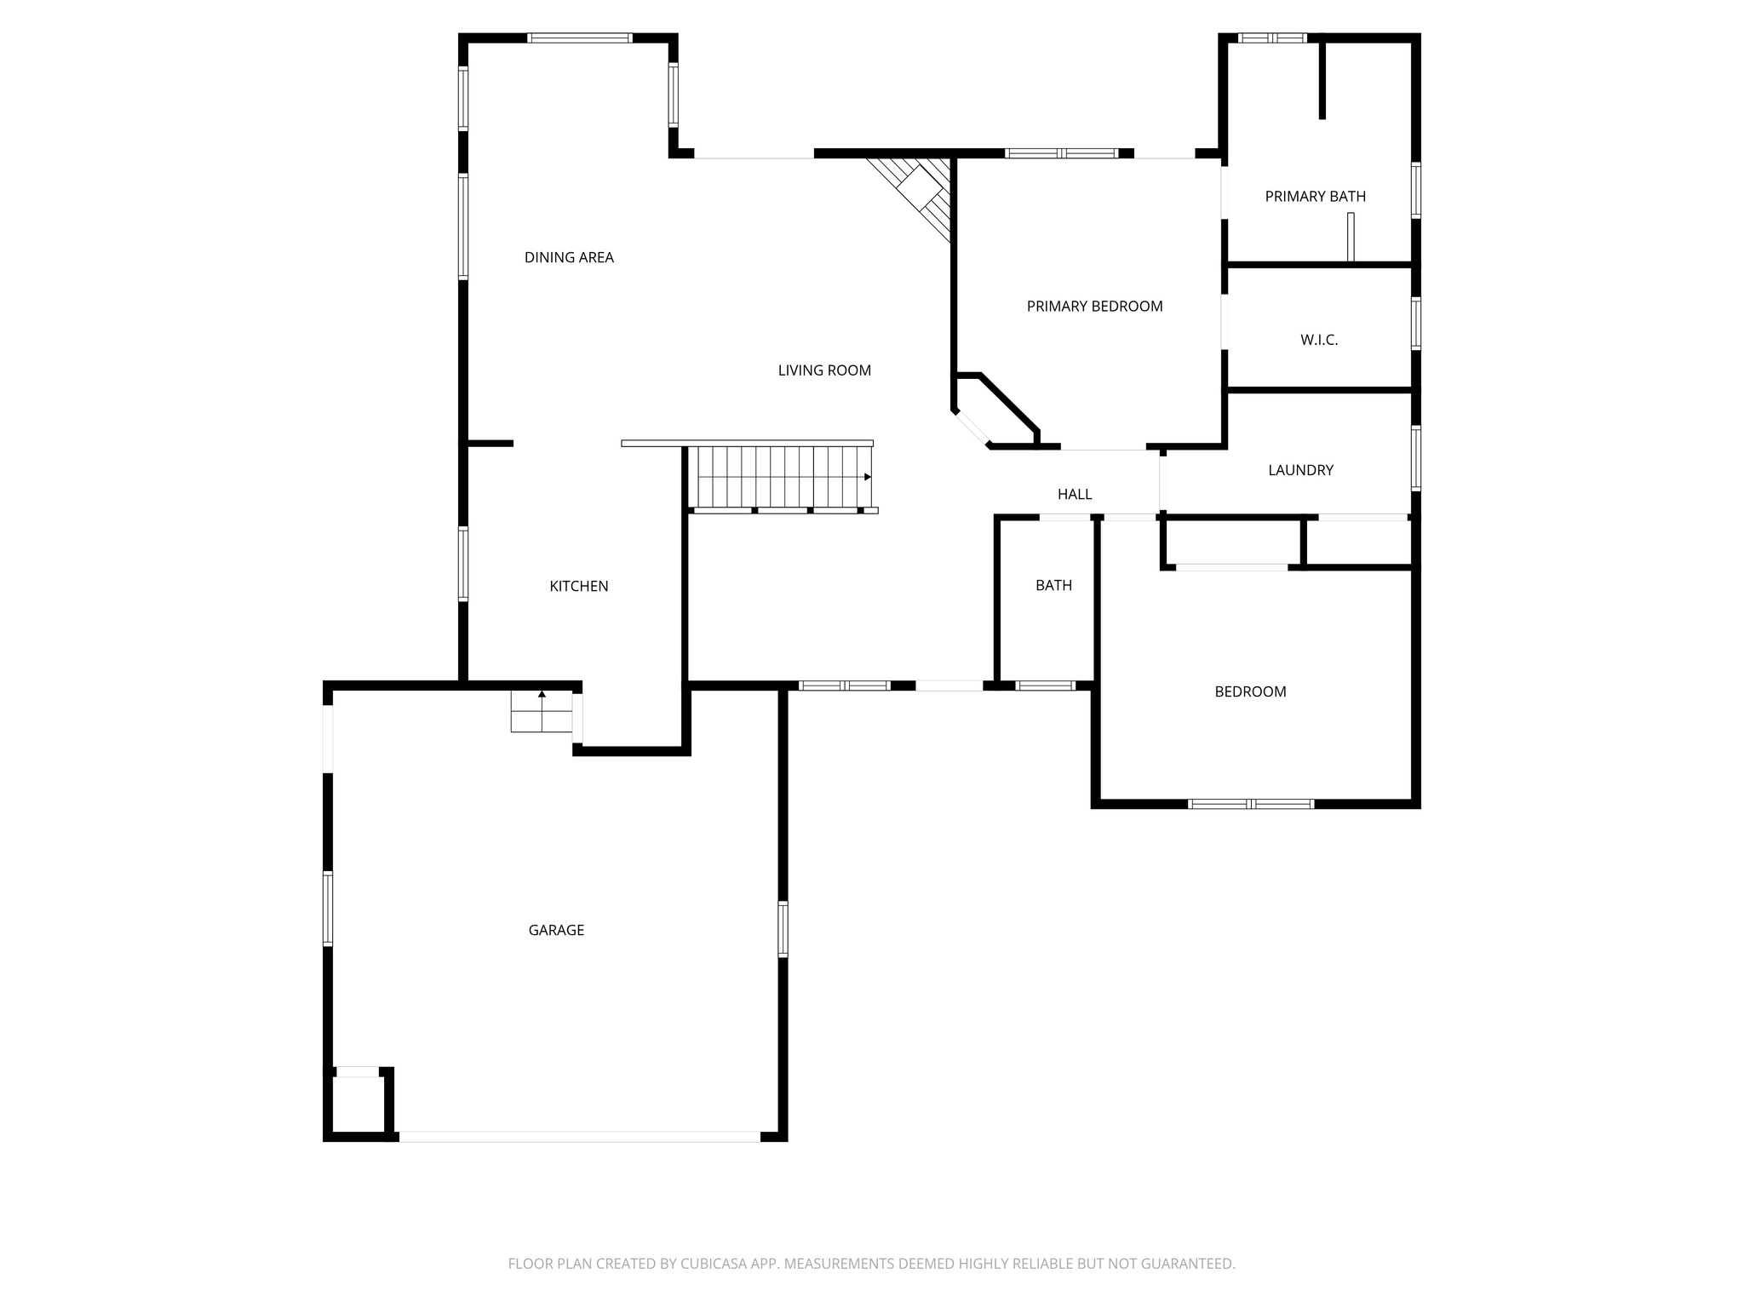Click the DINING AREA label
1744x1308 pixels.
coord(569,257)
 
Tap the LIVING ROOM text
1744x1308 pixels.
coord(824,370)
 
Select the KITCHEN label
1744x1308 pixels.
coord(578,586)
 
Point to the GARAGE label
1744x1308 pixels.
coord(556,930)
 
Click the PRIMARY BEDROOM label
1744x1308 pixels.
coord(1094,307)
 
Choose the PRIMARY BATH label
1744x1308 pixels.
coord(1315,197)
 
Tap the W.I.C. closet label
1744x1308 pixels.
coord(1319,340)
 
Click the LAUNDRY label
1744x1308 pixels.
coord(1300,470)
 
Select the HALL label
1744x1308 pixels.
coord(1075,494)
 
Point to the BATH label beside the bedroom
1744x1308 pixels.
coord(1053,585)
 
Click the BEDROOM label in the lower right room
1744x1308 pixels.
coord(1250,691)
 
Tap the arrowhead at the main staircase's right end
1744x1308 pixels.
coord(868,477)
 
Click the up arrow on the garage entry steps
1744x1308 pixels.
coord(542,694)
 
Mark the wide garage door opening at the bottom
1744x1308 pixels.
coord(579,1136)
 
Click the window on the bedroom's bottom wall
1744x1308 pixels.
coord(1251,803)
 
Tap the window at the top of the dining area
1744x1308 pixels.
coord(580,37)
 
